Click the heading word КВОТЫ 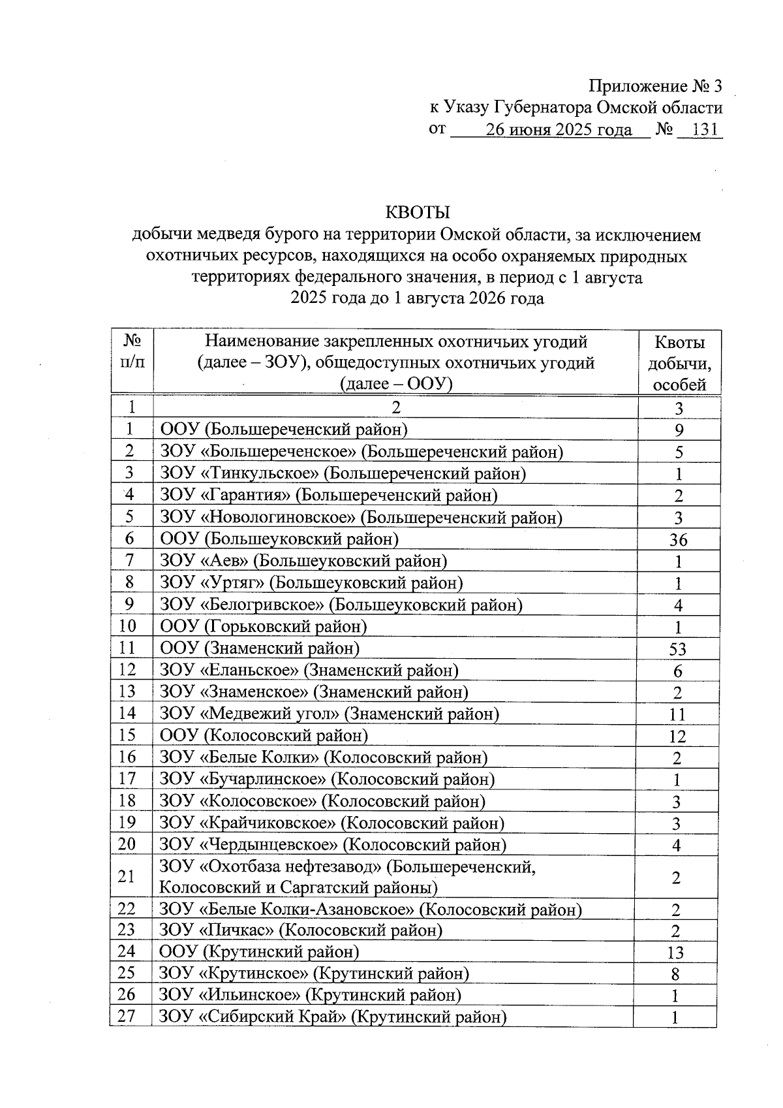[x=418, y=213]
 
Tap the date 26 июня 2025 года [x=559, y=130]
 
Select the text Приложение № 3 [x=656, y=86]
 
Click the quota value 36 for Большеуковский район [x=678, y=540]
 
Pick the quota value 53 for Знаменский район [x=678, y=649]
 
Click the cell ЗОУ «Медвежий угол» [x=330, y=714]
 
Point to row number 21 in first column [x=127, y=876]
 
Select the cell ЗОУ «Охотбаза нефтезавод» [x=347, y=877]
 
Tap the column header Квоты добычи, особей [x=679, y=363]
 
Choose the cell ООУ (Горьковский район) [x=264, y=627]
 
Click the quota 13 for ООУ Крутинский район [x=675, y=953]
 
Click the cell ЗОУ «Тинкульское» [x=343, y=473]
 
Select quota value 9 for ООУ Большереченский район [x=679, y=430]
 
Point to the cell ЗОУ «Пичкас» [x=301, y=930]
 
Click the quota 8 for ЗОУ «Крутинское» [x=675, y=974]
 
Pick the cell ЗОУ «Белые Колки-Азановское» [x=371, y=909]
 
